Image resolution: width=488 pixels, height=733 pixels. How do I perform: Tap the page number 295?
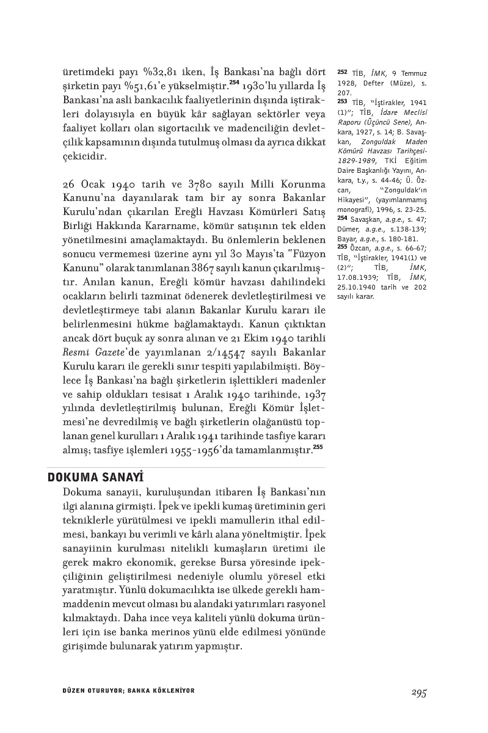point(418,693)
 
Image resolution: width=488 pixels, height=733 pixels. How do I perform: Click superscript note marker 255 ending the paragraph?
point(318,448)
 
